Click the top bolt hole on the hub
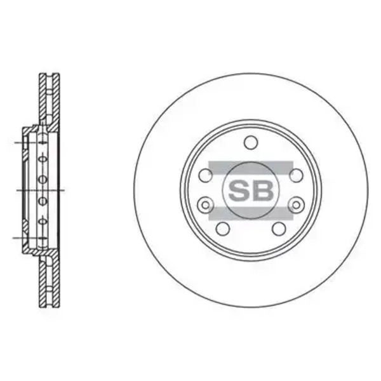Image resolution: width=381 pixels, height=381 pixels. [x=251, y=142]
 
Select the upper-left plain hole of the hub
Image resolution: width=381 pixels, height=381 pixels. [x=206, y=175]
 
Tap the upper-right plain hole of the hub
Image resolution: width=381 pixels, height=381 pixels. [x=296, y=175]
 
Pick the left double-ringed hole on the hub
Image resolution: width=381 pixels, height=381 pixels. [x=206, y=205]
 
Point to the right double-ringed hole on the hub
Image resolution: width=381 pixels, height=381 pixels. [x=296, y=205]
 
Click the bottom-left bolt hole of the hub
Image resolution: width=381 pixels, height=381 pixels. [x=223, y=229]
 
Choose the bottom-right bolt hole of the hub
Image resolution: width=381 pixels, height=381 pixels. [x=279, y=229]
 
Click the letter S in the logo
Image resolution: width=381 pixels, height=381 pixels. [x=238, y=190]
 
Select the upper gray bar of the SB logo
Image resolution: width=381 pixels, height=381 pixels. [x=251, y=167]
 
